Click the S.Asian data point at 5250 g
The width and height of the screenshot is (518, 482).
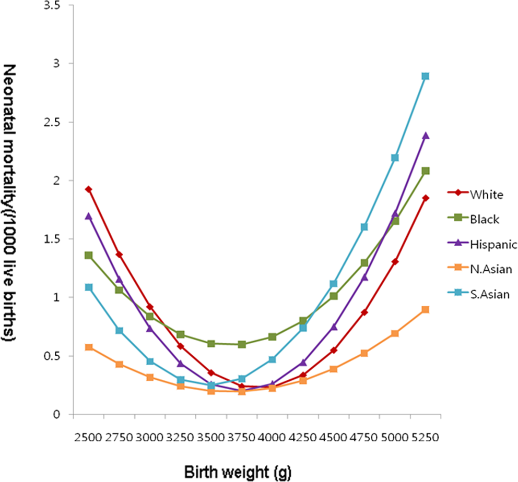[425, 76]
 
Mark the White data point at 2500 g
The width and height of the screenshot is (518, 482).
[89, 189]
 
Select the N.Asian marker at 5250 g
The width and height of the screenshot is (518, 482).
[425, 310]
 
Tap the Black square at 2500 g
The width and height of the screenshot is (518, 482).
[89, 255]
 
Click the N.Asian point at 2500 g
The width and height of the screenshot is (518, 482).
[89, 347]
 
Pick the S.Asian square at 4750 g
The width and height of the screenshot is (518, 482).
[364, 227]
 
